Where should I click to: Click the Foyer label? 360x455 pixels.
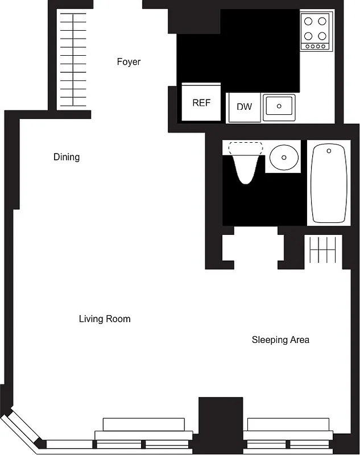pyautogui.click(x=129, y=61)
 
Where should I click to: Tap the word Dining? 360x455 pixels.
pyautogui.click(x=67, y=157)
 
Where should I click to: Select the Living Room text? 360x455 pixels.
pyautogui.click(x=105, y=319)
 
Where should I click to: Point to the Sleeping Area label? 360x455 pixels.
pyautogui.click(x=280, y=340)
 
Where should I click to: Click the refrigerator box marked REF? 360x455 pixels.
pyautogui.click(x=201, y=103)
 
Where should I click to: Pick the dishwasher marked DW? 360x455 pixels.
pyautogui.click(x=244, y=107)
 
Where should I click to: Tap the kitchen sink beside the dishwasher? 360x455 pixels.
pyautogui.click(x=279, y=106)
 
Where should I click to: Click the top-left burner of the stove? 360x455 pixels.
pyautogui.click(x=309, y=22)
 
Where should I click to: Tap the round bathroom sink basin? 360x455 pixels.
pyautogui.click(x=283, y=156)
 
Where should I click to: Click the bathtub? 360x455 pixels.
pyautogui.click(x=328, y=183)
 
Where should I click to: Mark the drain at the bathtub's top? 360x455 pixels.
pyautogui.click(x=328, y=151)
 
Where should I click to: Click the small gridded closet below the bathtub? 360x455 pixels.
pyautogui.click(x=322, y=250)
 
